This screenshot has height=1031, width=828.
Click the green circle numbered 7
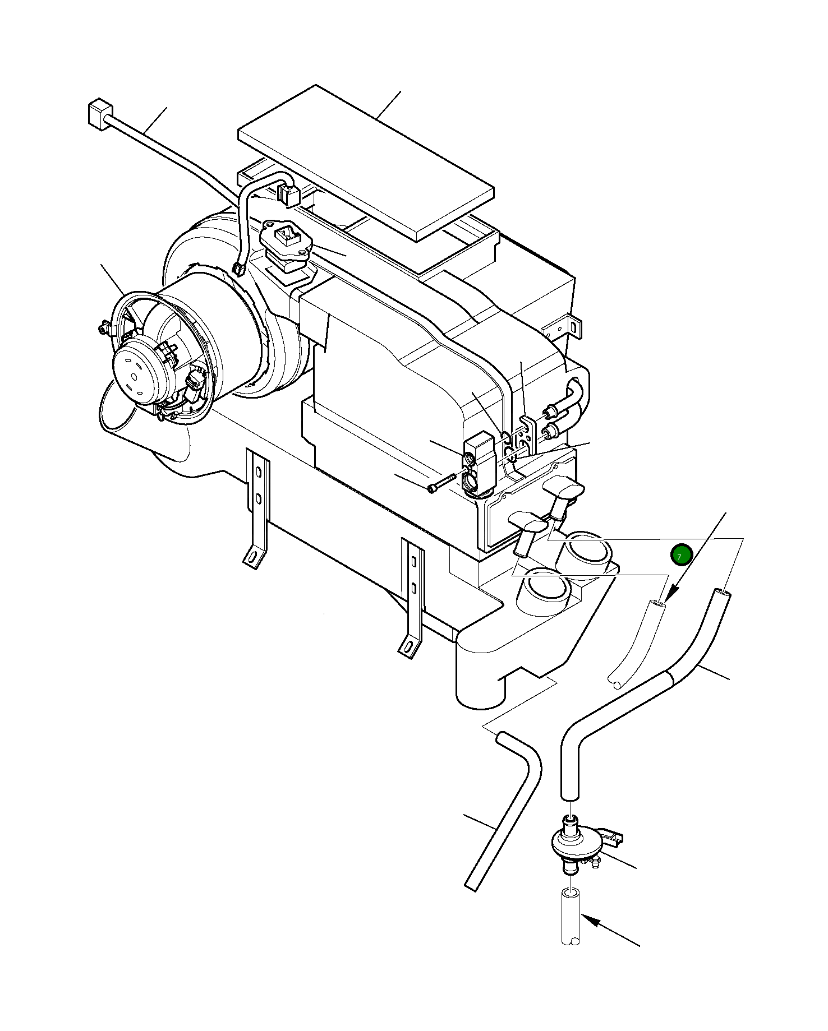[681, 555]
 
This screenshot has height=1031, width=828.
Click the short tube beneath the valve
[571, 918]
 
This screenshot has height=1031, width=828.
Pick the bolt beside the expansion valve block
[441, 483]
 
